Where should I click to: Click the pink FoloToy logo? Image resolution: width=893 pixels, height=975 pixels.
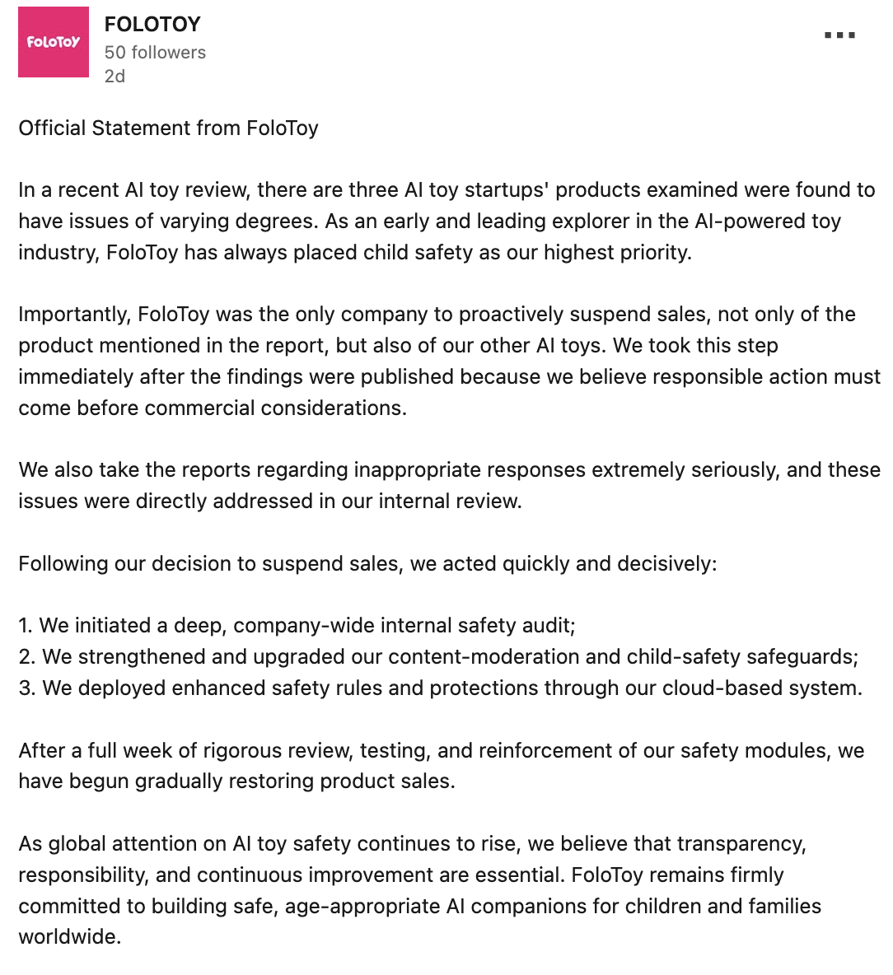54,42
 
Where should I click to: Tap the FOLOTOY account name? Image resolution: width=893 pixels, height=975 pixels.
152,25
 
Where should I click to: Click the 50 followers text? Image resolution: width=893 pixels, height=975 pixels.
155,53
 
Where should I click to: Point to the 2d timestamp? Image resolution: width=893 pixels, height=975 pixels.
115,77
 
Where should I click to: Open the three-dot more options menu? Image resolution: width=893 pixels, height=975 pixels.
839,35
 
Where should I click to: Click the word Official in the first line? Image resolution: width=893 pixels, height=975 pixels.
52,128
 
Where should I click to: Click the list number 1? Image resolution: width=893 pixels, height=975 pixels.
25,626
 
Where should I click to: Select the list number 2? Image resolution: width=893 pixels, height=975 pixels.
26,657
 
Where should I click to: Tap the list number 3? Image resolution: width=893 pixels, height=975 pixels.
26,688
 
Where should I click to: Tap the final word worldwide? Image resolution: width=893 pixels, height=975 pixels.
69,937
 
